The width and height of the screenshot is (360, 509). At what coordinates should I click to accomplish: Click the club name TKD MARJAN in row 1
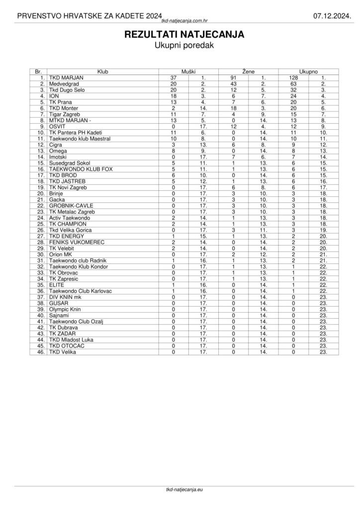point(66,78)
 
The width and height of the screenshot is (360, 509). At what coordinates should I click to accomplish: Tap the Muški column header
point(188,72)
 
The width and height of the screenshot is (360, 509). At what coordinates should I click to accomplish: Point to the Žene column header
point(248,72)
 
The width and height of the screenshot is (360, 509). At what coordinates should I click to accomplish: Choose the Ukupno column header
point(308,72)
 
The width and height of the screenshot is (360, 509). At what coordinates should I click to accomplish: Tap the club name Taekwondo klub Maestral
point(80,138)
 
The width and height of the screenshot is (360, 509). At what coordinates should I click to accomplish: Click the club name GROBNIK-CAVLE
point(71,205)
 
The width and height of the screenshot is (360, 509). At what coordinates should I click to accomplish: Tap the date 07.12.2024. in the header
point(332,16)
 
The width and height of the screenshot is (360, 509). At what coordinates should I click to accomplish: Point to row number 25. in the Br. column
point(41,224)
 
